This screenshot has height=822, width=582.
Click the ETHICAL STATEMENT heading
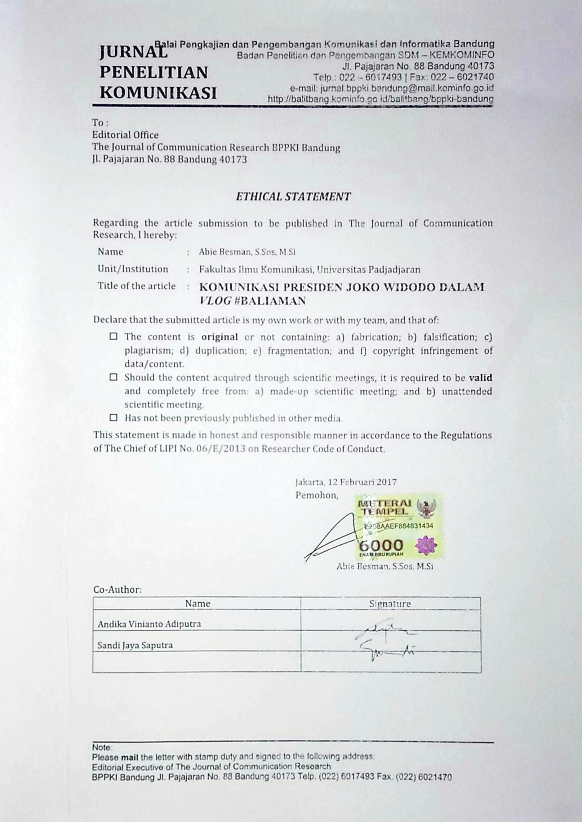pos(293,197)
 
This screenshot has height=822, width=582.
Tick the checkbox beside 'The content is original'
pos(114,337)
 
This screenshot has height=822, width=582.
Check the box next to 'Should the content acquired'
pos(114,377)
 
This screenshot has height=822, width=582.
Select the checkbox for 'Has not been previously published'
pos(114,418)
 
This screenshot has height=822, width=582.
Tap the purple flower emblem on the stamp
pos(426,545)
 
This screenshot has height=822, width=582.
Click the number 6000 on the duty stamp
pos(381,545)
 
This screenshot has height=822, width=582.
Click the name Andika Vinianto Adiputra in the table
pos(149,624)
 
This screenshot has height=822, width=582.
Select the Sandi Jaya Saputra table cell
pos(135,645)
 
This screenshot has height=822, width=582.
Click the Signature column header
pos(390,604)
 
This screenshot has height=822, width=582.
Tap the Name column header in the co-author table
pos(197,604)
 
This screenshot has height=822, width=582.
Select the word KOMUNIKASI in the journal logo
pos(158,93)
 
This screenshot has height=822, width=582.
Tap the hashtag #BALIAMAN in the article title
pos(270,301)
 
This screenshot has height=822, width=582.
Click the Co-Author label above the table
pos(117,590)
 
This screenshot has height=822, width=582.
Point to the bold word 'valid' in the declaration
pos(480,378)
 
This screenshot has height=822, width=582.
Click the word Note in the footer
pos(102,747)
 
